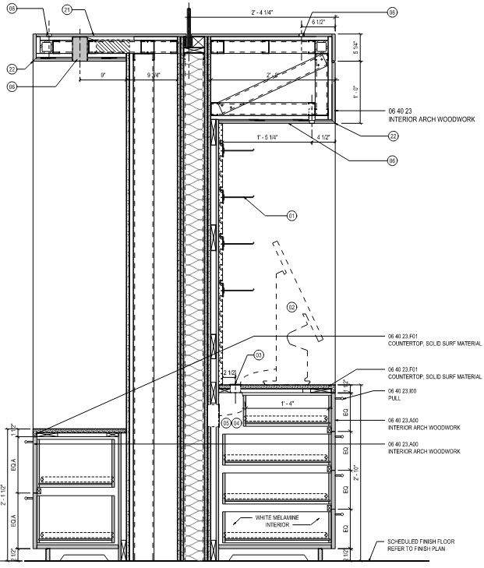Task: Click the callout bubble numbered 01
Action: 292,216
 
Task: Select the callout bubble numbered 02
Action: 292,307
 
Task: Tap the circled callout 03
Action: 259,355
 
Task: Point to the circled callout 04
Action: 237,422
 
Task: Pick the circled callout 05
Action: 226,422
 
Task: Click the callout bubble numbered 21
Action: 67,11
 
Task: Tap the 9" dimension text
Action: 103,75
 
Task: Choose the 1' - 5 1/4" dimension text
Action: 267,138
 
